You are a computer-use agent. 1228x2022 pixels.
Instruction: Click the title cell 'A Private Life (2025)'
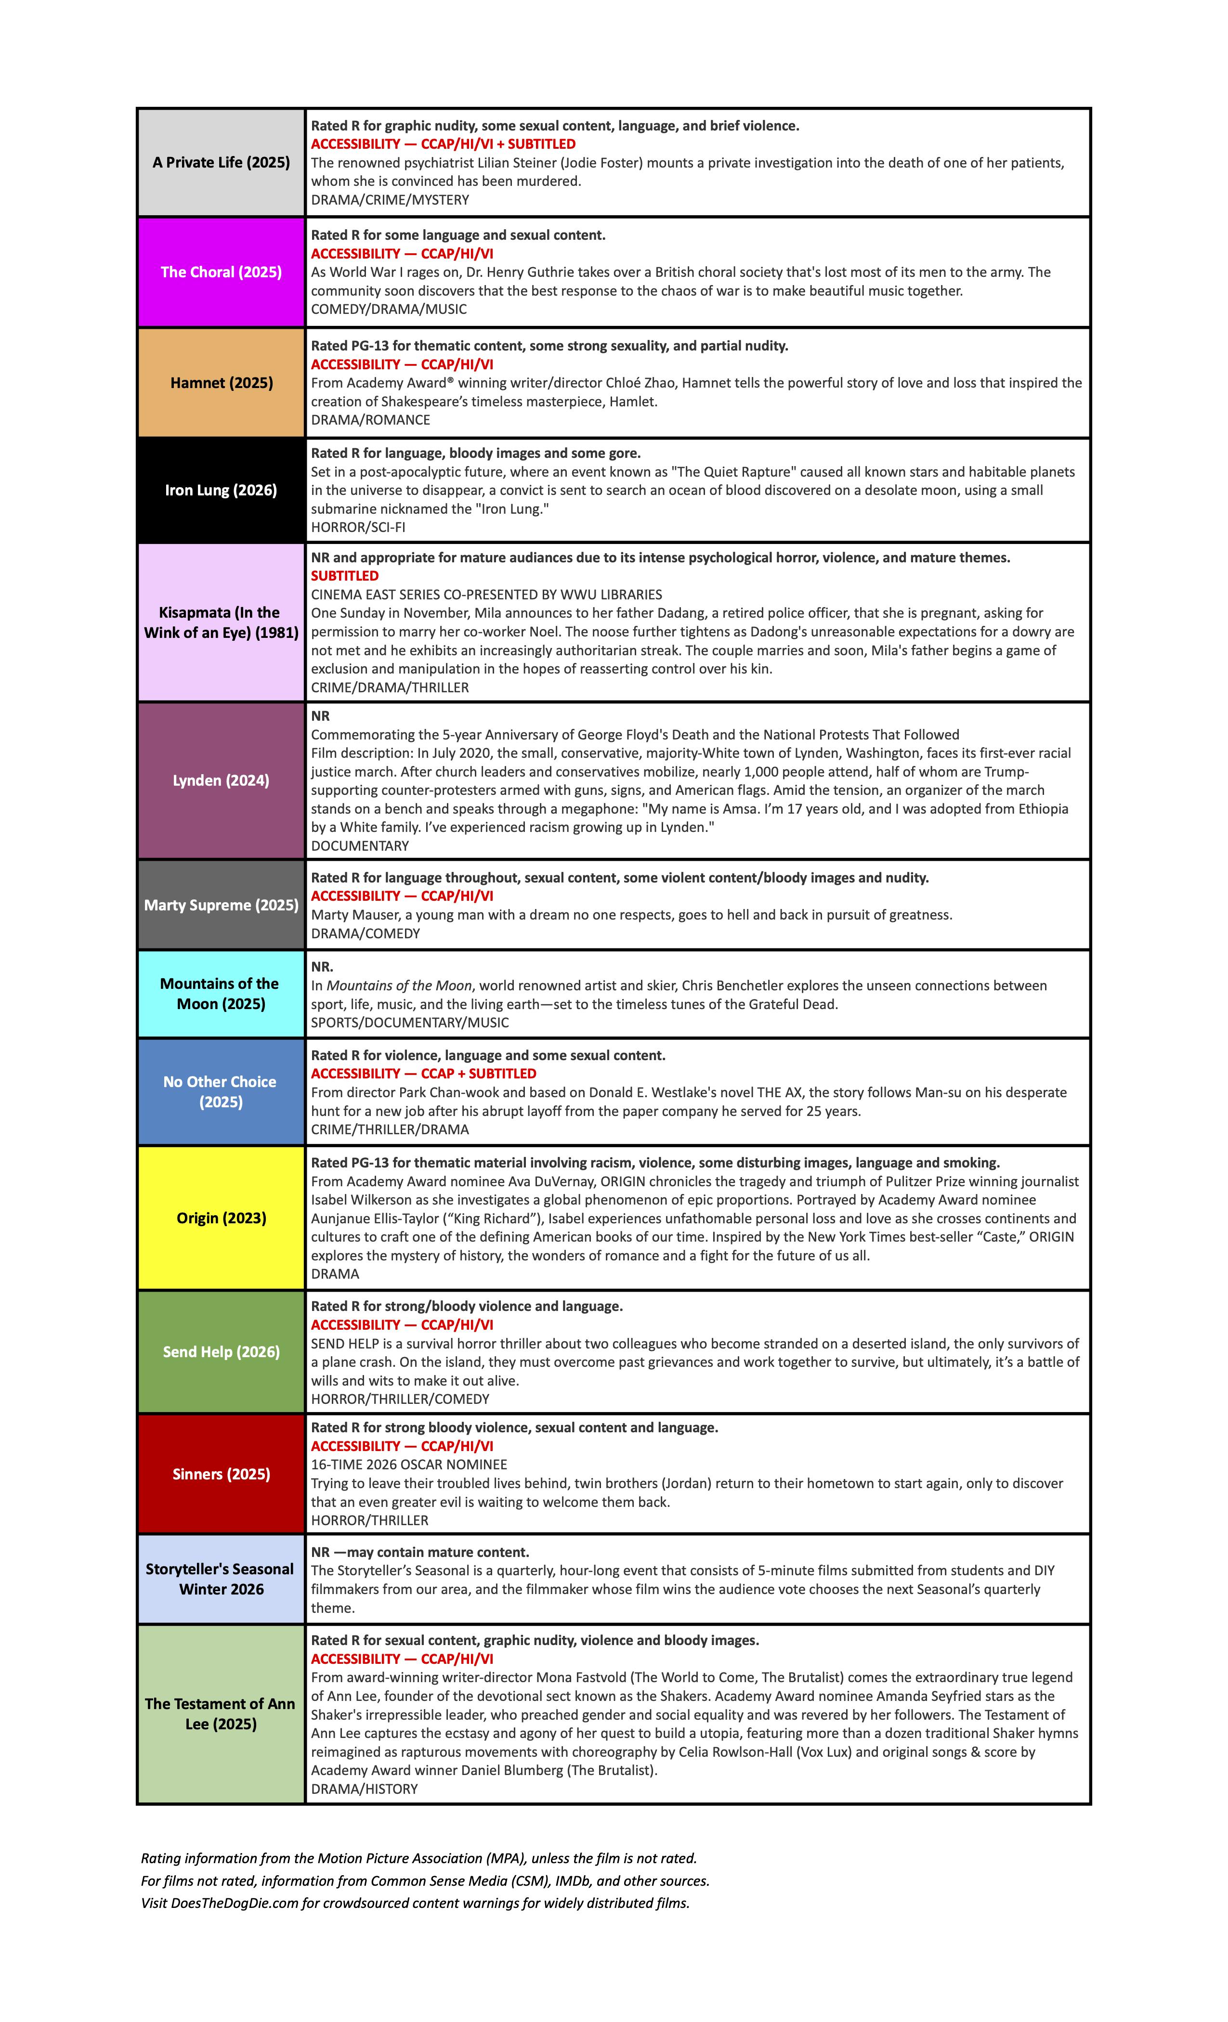pyautogui.click(x=221, y=163)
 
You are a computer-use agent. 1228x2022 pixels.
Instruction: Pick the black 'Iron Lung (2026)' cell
pyautogui.click(x=221, y=490)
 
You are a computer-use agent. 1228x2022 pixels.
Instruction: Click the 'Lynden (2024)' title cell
pyautogui.click(x=221, y=780)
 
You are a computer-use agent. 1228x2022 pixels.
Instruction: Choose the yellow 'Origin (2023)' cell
pyautogui.click(x=221, y=1218)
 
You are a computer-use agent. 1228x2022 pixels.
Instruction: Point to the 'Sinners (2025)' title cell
pyautogui.click(x=221, y=1474)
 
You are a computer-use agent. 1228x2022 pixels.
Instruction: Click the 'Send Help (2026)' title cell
pyautogui.click(x=221, y=1351)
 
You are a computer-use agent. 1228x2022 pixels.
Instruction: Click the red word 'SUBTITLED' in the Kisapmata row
pyautogui.click(x=345, y=576)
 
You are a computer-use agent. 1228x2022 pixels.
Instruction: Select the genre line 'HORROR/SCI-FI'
pyautogui.click(x=358, y=528)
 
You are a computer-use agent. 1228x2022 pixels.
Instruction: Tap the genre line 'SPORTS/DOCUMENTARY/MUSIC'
pyautogui.click(x=410, y=1023)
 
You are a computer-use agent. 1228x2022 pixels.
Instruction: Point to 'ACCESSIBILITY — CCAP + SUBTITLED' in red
pyautogui.click(x=424, y=1074)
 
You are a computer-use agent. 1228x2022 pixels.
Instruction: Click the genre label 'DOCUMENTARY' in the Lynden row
pyautogui.click(x=360, y=846)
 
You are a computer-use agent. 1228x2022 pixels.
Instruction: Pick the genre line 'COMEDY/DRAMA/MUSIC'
pyautogui.click(x=388, y=310)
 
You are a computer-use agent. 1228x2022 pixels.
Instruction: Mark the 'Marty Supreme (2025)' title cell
pyautogui.click(x=221, y=905)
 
